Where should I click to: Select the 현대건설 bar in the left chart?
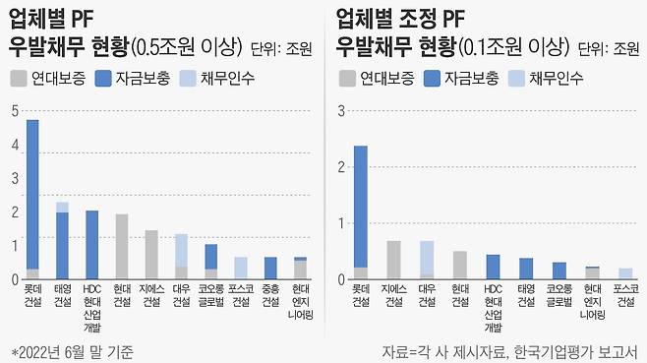click(122, 247)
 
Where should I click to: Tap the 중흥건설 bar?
click(270, 269)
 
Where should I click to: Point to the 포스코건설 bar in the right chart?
click(624, 273)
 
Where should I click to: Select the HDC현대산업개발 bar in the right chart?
click(493, 267)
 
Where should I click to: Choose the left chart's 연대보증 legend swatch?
click(18, 77)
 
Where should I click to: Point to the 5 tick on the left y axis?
click(13, 111)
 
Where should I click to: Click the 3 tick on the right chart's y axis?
click(340, 111)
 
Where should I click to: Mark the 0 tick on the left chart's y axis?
click(13, 279)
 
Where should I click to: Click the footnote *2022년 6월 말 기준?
click(72, 350)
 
